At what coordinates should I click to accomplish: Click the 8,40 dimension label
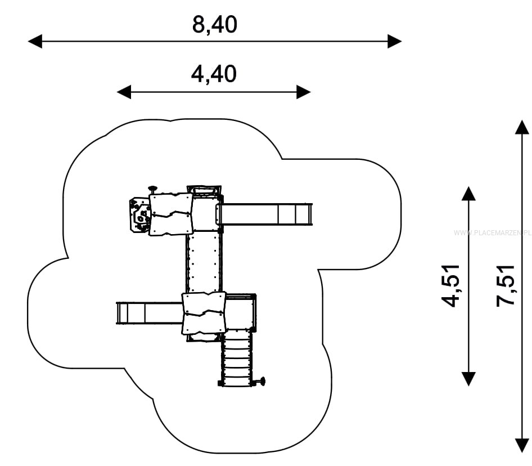[x=214, y=25]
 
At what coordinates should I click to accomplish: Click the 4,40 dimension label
[x=214, y=74]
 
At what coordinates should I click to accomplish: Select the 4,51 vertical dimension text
[x=450, y=286]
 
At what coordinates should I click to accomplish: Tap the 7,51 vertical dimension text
[x=505, y=286]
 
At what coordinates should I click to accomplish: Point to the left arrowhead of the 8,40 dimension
[x=35, y=42]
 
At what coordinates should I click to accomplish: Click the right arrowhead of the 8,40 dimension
[x=395, y=42]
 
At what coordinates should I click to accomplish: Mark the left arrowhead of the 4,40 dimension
[x=124, y=92]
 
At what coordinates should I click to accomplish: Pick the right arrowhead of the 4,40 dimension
[x=304, y=92]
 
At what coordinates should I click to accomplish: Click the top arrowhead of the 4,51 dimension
[x=468, y=193]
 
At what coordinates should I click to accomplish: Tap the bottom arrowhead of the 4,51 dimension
[x=468, y=379]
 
